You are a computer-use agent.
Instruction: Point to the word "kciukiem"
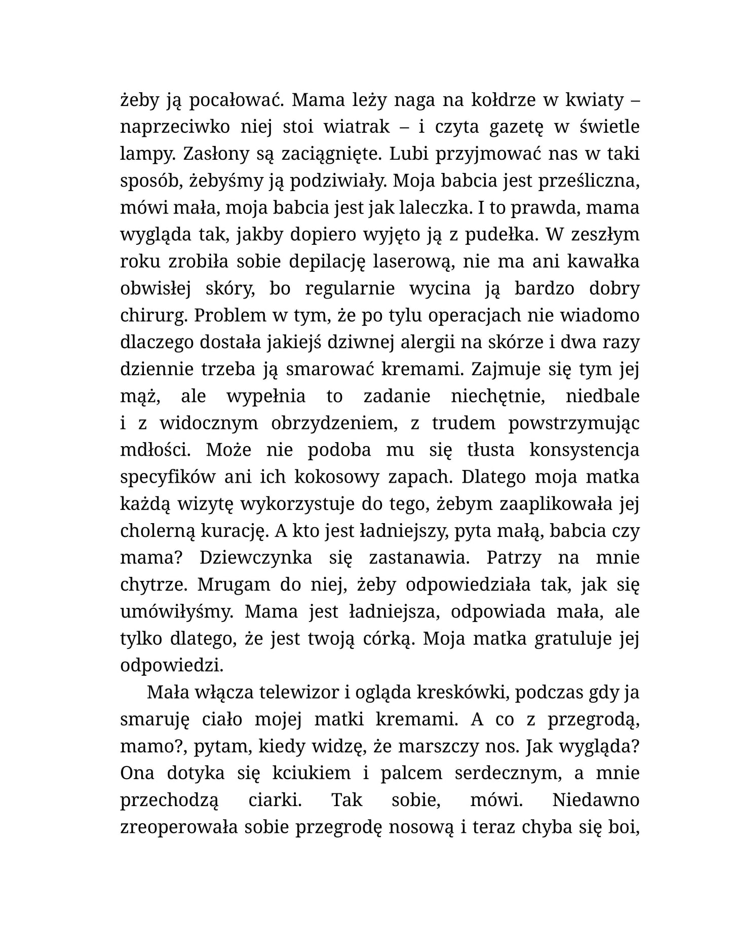point(311,773)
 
